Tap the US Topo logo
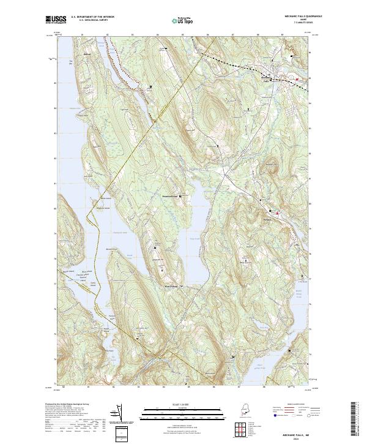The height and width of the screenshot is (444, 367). pos(178,20)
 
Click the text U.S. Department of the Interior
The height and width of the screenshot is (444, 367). pos(92,17)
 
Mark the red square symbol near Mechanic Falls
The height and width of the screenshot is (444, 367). pos(297,79)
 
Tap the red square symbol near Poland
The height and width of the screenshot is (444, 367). pos(278,213)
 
